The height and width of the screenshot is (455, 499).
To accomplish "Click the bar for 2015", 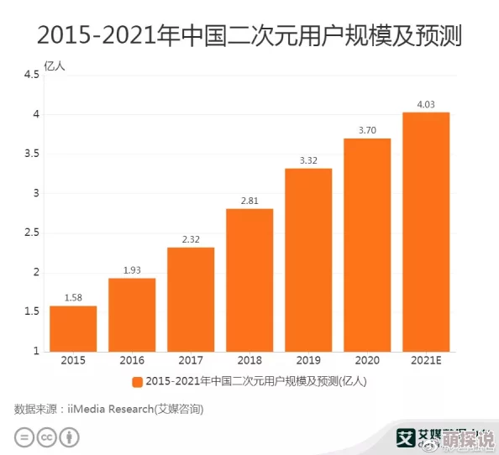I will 73,328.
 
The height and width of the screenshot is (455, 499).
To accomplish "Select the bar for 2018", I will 249,280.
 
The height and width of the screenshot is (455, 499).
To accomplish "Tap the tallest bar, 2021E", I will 426,232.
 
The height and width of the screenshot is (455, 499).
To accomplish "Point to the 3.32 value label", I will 308,160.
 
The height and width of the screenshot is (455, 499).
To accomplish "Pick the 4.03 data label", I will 426,103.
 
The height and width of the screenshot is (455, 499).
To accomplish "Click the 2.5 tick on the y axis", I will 30,233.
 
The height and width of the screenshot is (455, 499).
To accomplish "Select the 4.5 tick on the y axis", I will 30,75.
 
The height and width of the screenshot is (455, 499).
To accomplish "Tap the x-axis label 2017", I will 191,361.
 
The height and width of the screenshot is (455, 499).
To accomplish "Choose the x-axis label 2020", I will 367,361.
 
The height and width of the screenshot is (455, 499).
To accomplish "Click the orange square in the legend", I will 137,382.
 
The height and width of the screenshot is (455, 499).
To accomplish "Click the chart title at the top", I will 249,36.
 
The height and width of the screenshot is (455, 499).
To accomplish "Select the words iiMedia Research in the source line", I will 109,409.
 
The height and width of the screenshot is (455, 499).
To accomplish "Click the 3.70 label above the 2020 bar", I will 367,129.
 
